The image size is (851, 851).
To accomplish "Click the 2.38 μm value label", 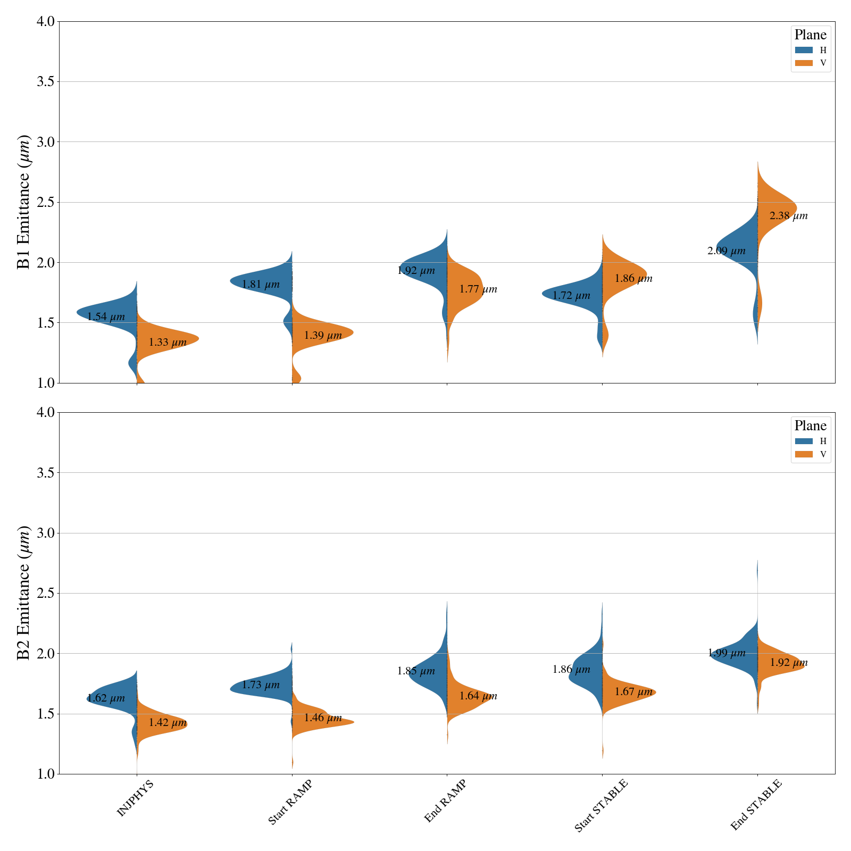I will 788,216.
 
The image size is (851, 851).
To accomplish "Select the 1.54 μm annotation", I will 106,317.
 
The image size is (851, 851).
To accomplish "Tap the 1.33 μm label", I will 168,343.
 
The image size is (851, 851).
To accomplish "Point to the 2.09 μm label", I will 727,251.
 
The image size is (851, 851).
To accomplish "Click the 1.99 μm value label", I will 727,653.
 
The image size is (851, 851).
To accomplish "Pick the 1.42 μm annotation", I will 168,723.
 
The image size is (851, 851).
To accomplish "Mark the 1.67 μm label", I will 633,692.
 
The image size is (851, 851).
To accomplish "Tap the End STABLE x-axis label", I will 756,805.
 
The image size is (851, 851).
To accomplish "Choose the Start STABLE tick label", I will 601,805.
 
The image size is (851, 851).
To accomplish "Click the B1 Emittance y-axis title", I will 24,202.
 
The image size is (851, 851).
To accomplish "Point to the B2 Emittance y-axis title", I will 24,593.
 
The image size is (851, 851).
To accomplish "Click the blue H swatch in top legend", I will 804,50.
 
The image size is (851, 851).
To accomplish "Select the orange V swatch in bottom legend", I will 804,454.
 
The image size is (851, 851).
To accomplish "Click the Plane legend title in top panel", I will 810,35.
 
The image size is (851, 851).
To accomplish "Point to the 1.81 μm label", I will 261,285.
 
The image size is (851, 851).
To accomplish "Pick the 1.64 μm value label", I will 478,696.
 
